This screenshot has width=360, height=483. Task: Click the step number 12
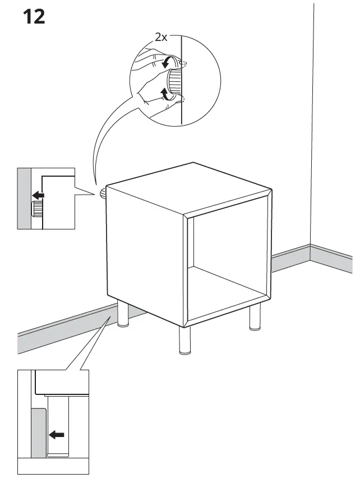pos(33,16)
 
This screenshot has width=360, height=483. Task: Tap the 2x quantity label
pos(161,37)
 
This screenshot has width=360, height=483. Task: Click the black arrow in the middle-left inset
pos(38,195)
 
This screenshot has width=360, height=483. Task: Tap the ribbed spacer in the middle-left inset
pos(38,210)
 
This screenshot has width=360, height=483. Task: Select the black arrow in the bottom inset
pos(57,434)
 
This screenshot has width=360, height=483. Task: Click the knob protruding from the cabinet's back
pos(103,194)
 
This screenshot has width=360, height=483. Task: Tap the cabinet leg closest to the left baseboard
pos(122,315)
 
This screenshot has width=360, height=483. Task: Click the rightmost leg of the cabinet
pos(255,318)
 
